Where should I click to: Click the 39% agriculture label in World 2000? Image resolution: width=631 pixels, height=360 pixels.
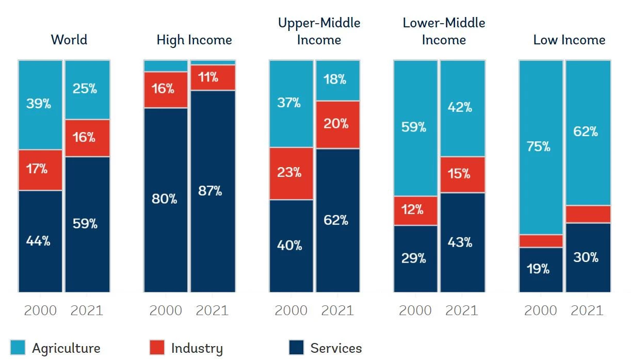click(39, 103)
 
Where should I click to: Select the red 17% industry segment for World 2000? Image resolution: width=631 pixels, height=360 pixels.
click(40, 170)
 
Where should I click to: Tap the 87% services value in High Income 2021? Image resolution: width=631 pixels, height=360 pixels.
click(210, 191)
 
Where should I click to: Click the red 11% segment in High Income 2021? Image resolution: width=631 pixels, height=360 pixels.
click(213, 77)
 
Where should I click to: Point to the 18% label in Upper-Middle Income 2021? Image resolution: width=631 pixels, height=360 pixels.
click(335, 79)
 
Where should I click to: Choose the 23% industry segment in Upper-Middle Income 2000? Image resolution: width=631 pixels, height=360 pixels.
click(291, 173)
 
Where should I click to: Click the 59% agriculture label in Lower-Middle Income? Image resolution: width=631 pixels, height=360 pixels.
click(414, 127)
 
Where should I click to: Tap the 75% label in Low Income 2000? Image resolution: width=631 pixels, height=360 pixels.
click(538, 146)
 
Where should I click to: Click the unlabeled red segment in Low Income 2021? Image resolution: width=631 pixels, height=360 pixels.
click(588, 214)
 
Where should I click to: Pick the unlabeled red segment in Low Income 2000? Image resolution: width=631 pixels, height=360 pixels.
click(541, 241)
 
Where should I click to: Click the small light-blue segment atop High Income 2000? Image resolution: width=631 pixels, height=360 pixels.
click(166, 66)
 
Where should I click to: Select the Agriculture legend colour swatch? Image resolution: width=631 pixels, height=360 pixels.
click(18, 347)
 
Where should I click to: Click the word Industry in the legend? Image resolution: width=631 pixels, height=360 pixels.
click(197, 349)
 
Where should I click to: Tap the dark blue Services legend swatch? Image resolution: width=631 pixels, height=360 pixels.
click(296, 347)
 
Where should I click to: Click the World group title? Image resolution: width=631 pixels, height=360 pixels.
click(69, 40)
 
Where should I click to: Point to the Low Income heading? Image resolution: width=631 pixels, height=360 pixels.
click(569, 40)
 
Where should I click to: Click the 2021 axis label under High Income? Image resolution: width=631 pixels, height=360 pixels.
click(212, 310)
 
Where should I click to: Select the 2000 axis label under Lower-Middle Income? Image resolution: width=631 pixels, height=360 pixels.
click(415, 310)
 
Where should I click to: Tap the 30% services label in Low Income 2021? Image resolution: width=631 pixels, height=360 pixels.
click(586, 257)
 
